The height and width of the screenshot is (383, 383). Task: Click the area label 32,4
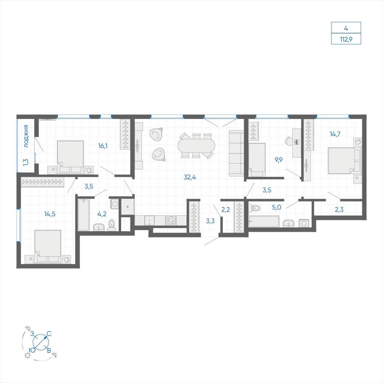pos(190,177)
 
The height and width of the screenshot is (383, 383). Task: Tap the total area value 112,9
pos(346,39)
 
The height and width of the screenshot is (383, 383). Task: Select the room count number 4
pos(346,28)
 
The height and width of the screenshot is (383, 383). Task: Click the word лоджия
pos(26,136)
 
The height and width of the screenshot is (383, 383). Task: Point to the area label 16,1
pos(103,146)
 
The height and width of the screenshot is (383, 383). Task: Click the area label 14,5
pos(50,214)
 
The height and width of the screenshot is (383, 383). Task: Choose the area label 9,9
pos(278,160)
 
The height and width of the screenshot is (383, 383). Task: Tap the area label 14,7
pos(335,134)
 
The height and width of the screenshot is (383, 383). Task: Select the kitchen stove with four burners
pos(171,220)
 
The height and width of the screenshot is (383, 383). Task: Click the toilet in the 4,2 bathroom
pos(112,225)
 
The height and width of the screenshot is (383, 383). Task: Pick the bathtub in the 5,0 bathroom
pos(264,221)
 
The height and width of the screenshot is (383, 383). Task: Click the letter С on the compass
pos(49,334)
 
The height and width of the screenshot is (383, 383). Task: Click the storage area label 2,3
pos(339,209)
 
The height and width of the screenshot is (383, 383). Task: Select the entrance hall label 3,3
pos(210,221)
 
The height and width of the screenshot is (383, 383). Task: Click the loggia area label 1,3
pos(26,162)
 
